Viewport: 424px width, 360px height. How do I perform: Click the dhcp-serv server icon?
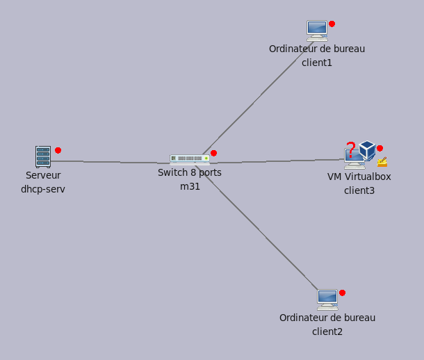43,157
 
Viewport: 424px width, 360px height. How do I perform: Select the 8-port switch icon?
189,158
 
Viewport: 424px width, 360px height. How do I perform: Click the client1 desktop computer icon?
317,31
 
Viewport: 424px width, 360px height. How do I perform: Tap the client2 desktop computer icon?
327,300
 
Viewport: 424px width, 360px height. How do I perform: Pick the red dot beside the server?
58,150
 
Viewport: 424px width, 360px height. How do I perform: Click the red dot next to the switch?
213,153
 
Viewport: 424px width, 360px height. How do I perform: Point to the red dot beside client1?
332,24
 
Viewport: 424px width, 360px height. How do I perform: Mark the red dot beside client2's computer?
342,293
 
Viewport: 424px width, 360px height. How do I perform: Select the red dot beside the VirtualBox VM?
380,148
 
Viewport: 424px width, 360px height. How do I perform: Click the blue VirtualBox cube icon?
367,149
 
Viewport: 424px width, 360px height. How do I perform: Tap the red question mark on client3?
351,148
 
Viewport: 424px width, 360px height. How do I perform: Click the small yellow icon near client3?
382,162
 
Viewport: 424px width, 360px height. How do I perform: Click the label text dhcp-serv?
43,189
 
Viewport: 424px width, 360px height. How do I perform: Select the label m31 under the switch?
190,186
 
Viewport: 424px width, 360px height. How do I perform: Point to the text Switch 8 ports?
190,172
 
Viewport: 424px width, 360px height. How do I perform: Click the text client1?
317,63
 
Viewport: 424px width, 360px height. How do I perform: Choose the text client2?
327,332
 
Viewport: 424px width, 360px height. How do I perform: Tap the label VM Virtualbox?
359,177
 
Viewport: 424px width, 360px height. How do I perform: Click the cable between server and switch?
111,162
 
